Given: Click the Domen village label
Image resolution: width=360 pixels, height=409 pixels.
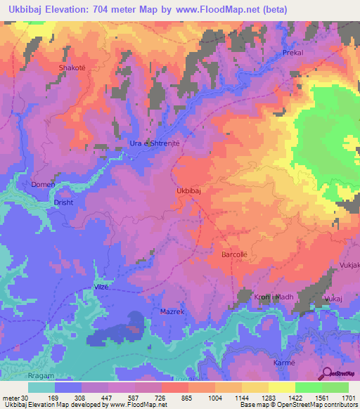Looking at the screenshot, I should point(43,185).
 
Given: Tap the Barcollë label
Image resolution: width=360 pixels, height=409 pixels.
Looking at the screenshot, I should point(236,252).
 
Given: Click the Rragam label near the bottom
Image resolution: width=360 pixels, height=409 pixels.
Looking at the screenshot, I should point(14,377).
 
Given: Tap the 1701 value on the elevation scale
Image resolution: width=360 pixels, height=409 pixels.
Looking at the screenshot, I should point(348,398).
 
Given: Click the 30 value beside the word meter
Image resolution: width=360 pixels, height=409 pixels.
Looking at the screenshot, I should point(25,398).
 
